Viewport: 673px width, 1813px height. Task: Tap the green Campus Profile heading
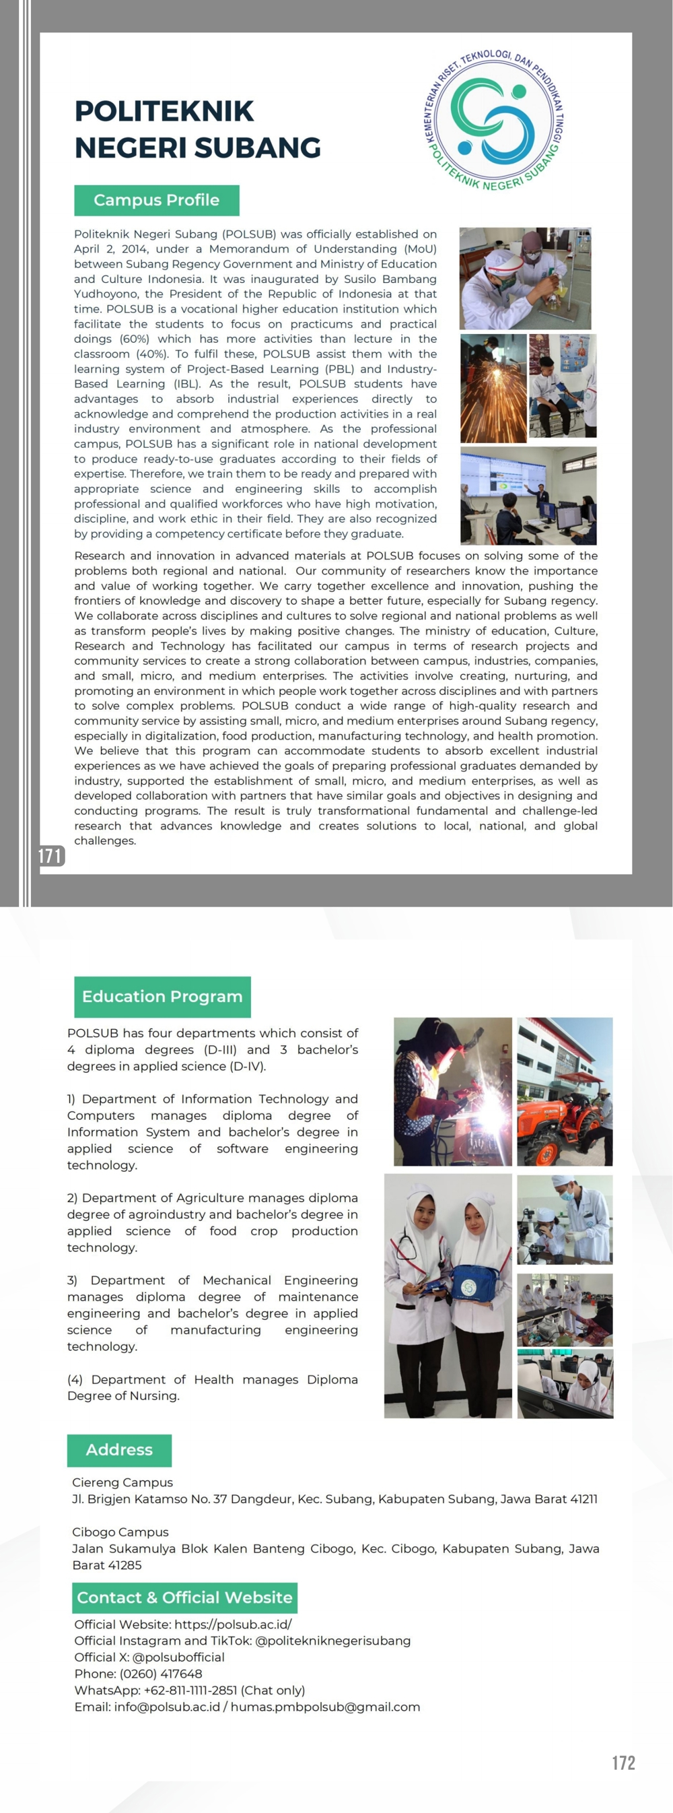click(156, 201)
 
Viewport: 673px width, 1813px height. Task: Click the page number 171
click(50, 856)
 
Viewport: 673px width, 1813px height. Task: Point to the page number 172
click(623, 1762)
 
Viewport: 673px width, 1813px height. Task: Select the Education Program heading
click(162, 997)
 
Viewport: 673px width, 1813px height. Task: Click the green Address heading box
click(119, 1450)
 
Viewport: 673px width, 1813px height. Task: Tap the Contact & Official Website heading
click(184, 1597)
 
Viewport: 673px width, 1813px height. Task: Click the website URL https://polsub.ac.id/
click(233, 1624)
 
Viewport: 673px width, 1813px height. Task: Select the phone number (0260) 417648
click(161, 1674)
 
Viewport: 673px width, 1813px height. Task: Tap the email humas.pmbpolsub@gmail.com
click(325, 1707)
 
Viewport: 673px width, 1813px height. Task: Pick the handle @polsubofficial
click(178, 1657)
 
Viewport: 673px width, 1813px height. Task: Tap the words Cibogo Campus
click(120, 1532)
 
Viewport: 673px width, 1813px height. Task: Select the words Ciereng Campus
click(122, 1482)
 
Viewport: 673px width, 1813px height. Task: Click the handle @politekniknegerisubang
click(332, 1641)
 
